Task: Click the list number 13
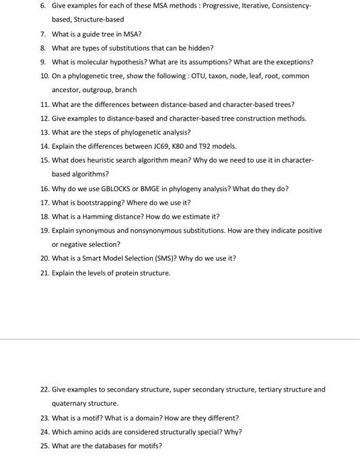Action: (x=44, y=133)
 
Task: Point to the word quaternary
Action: (x=69, y=404)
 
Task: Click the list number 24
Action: (x=44, y=432)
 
